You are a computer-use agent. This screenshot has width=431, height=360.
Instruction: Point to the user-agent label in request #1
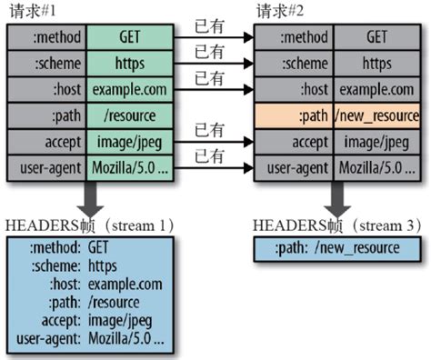[x=45, y=169]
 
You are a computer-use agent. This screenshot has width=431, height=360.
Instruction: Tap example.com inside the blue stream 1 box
[x=123, y=285]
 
